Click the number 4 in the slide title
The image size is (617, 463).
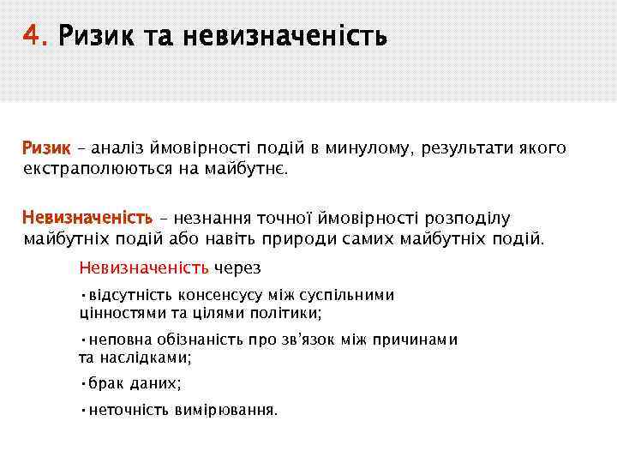[32, 38]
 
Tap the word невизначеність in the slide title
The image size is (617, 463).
[291, 38]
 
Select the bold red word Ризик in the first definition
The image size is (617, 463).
[45, 148]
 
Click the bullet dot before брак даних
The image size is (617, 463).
[82, 384]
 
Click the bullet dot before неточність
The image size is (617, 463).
[82, 410]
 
